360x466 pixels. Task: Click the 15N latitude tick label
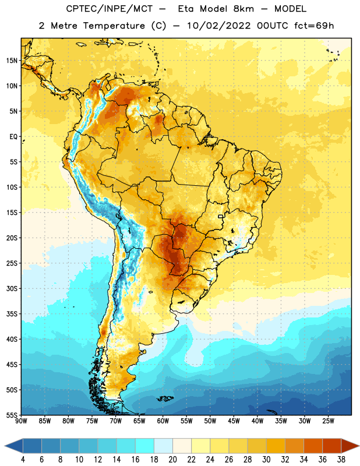tap(12, 61)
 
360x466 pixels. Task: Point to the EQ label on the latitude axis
tap(13, 137)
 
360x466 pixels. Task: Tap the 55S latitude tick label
tap(12, 415)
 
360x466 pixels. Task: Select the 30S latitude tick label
tap(12, 288)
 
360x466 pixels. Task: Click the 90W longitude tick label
tap(21, 421)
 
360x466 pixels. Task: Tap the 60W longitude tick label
tap(163, 421)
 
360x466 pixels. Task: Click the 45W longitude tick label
tap(234, 421)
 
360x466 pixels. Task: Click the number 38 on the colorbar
tap(341, 460)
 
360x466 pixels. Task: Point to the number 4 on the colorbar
tap(23, 460)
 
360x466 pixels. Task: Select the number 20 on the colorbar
tap(172, 460)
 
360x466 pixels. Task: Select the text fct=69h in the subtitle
tap(314, 26)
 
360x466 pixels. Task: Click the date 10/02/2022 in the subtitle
tap(218, 26)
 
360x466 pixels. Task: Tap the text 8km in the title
tap(243, 9)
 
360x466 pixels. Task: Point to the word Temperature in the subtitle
tap(114, 26)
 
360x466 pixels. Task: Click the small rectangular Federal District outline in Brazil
tap(221, 216)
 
